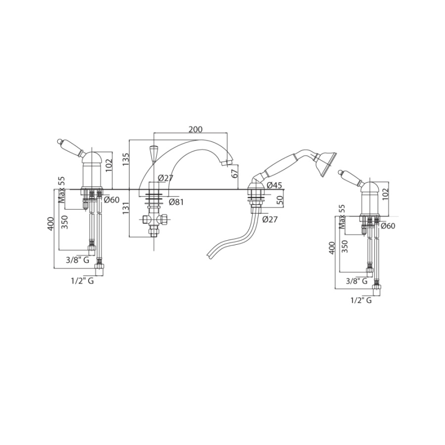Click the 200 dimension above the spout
[196, 129]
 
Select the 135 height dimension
[126, 159]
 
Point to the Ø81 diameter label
[176, 202]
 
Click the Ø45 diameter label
[274, 185]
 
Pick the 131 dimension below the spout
[126, 208]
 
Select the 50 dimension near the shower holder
[280, 200]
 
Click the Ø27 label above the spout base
[166, 178]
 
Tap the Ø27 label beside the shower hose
[269, 219]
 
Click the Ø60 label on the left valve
[112, 200]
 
